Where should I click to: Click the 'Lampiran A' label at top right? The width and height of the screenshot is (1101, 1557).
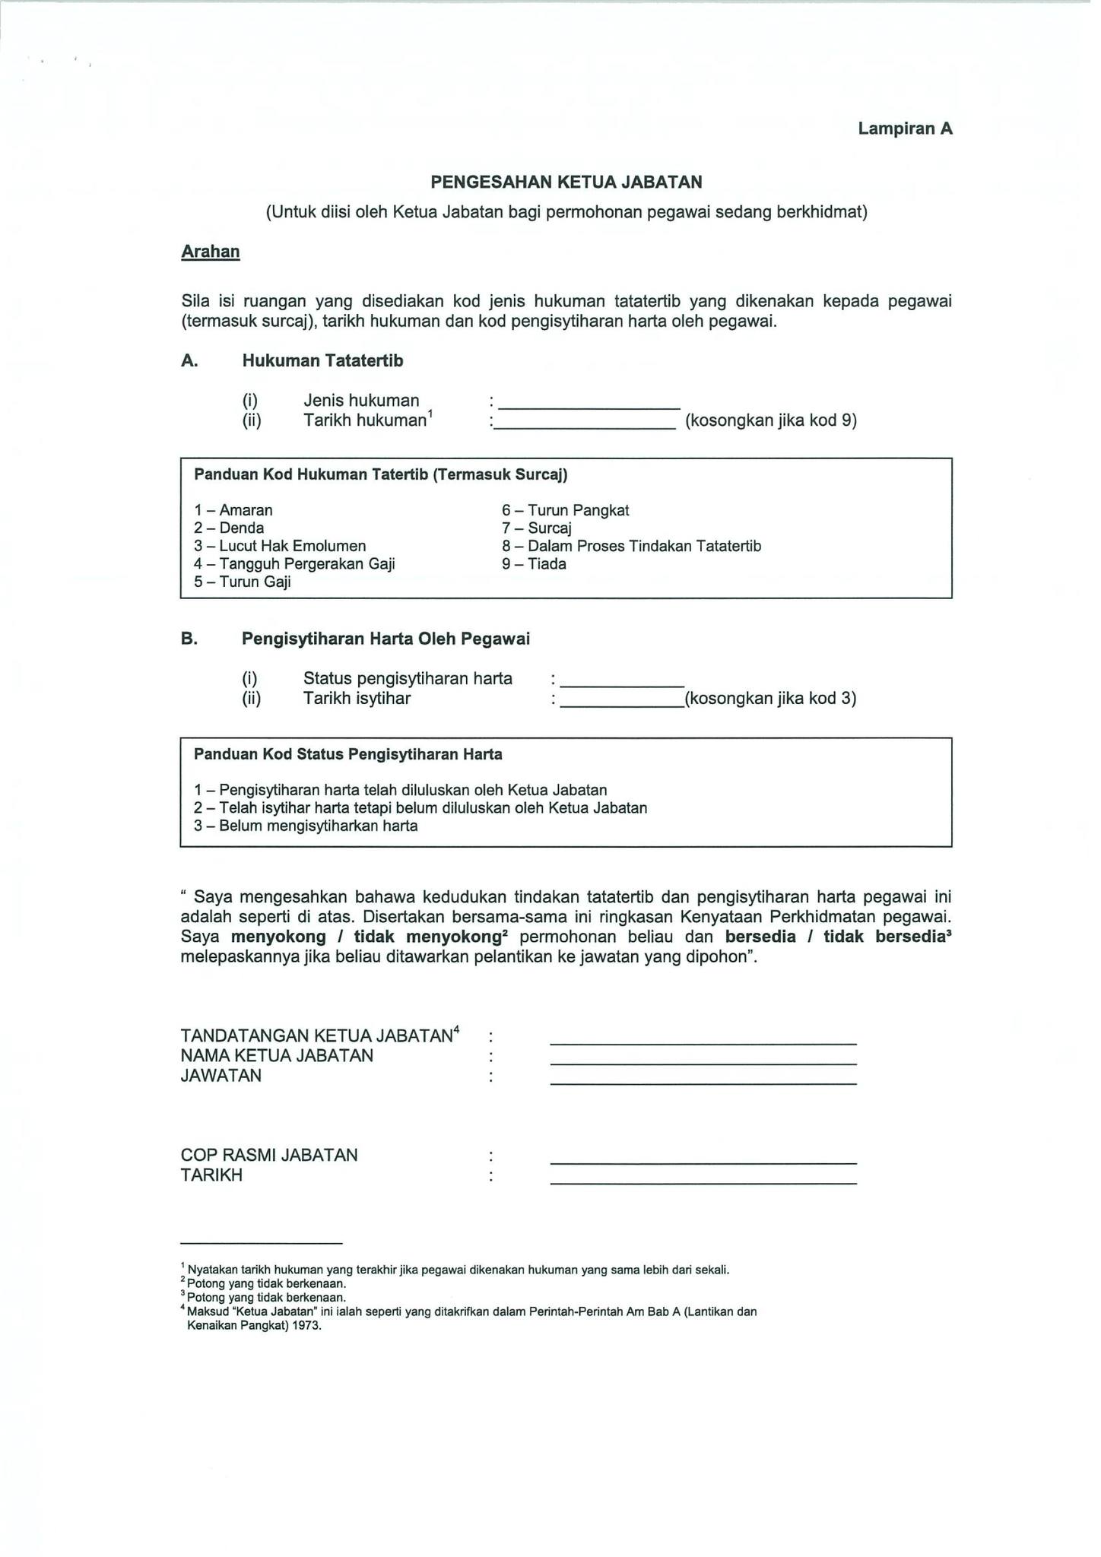[x=905, y=128]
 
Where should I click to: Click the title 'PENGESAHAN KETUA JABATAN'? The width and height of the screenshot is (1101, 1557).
[x=566, y=182]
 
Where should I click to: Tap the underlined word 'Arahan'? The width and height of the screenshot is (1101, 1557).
[x=211, y=252]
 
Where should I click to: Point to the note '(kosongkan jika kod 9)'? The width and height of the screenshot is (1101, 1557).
[x=771, y=420]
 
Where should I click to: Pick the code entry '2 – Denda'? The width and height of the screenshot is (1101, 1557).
[x=229, y=528]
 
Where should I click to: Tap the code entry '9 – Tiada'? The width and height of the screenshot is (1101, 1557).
[x=535, y=564]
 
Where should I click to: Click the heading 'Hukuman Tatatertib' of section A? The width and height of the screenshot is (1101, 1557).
[x=322, y=360]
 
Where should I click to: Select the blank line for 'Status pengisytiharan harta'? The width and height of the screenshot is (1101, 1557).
[x=623, y=682]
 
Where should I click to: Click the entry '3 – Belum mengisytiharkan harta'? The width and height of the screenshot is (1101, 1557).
[x=306, y=826]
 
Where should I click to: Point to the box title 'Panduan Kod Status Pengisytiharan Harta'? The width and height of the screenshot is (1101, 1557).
[x=348, y=754]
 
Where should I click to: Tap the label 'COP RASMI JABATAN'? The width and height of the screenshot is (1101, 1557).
[x=269, y=1155]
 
